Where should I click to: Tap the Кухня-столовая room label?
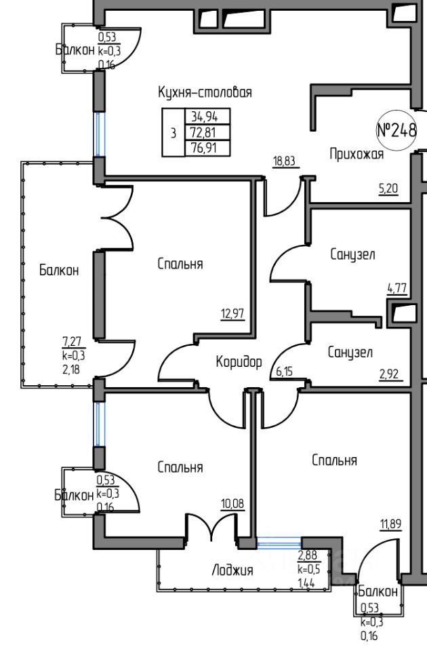click(205, 92)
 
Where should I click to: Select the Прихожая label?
click(357, 154)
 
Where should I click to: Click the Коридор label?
click(239, 361)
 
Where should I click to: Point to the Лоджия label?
click(232, 570)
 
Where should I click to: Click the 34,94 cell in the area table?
click(207, 116)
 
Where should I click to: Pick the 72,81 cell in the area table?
click(207, 132)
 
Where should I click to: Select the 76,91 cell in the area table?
click(207, 149)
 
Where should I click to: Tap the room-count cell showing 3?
click(174, 133)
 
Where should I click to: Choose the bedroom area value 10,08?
click(232, 505)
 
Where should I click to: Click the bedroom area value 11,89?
click(390, 524)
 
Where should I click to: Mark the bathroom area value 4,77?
click(396, 288)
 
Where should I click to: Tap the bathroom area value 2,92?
click(389, 374)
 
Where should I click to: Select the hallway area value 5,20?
click(388, 189)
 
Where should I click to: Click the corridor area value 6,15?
click(284, 371)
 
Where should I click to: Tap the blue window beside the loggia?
click(279, 542)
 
